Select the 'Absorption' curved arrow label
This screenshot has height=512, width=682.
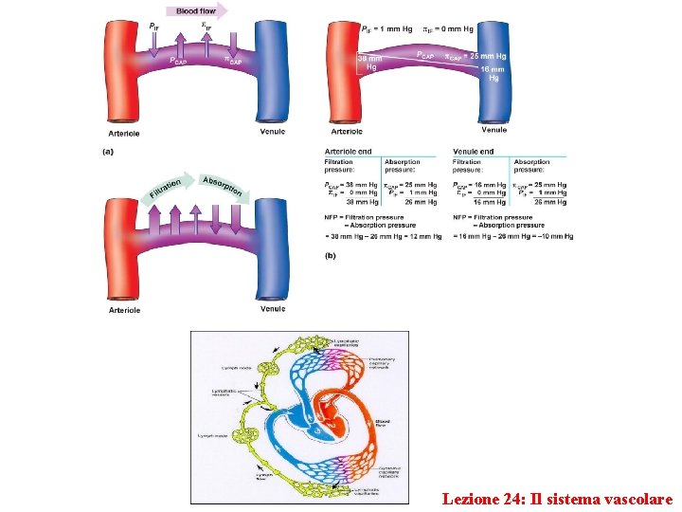tap(224, 185)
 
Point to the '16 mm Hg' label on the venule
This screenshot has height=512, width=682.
tap(493, 74)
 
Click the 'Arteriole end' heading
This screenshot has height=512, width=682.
tap(349, 152)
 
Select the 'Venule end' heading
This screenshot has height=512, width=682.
tap(474, 152)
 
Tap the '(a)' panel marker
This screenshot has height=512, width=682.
tap(109, 152)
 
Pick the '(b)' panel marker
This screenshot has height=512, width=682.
tap(331, 255)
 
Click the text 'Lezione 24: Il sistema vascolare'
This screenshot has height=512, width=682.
tap(557, 498)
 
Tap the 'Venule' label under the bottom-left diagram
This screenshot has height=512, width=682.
tap(273, 308)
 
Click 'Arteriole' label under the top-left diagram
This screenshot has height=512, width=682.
tap(124, 133)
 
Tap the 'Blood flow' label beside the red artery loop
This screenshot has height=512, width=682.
tap(384, 423)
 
